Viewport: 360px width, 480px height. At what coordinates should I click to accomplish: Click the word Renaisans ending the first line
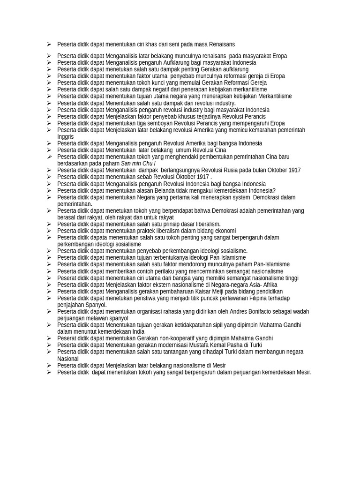[222, 45]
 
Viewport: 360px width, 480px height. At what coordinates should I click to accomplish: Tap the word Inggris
[65, 137]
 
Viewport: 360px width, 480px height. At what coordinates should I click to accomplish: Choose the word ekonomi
[225, 231]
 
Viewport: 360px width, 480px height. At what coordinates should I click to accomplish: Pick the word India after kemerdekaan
[138, 332]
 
